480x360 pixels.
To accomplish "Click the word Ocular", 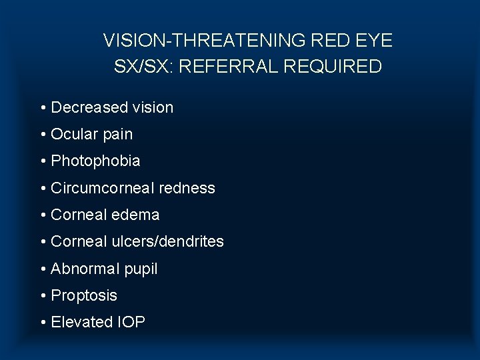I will click(x=73, y=134).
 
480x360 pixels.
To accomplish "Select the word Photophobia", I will click(x=95, y=161).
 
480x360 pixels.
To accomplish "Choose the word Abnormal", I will click(x=83, y=269).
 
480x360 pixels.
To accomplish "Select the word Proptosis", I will click(x=84, y=295).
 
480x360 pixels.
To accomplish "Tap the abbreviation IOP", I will click(x=131, y=322).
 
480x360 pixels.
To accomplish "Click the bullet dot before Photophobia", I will click(x=43, y=161).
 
